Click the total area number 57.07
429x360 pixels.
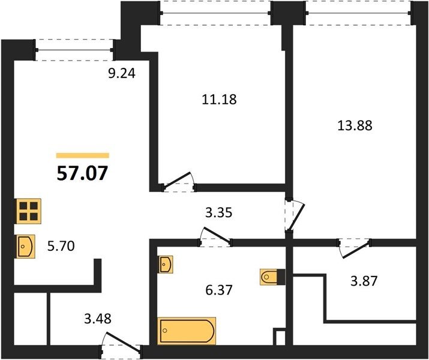(x=82, y=173)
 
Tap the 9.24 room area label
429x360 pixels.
(x=121, y=73)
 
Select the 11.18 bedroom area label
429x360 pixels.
(x=219, y=100)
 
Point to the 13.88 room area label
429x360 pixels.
(x=355, y=126)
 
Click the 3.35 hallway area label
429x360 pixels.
(x=219, y=212)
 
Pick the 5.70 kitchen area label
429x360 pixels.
(x=61, y=246)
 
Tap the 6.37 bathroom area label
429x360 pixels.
(x=219, y=290)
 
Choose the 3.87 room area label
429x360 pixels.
(x=364, y=281)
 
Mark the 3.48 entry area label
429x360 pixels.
(x=98, y=319)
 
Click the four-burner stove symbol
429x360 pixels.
(x=29, y=211)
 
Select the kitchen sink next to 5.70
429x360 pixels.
(x=26, y=247)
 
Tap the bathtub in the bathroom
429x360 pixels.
(x=187, y=331)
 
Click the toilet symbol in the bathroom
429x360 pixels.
(x=272, y=277)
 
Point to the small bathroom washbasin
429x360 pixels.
(x=166, y=265)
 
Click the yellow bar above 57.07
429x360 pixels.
(x=83, y=155)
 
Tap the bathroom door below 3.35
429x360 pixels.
(x=215, y=237)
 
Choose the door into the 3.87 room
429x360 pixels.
(x=355, y=248)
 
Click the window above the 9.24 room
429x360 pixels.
(x=74, y=50)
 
